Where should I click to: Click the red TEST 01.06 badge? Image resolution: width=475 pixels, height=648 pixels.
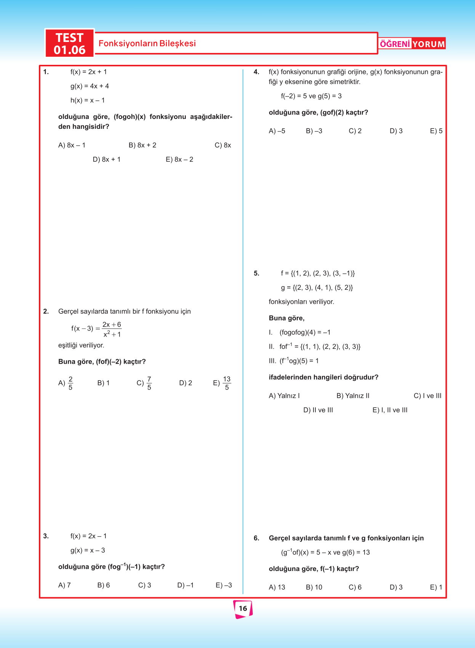click(x=69, y=43)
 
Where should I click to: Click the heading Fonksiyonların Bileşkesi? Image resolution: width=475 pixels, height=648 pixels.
click(x=147, y=43)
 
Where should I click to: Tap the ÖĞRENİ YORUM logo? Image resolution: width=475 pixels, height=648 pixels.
click(x=412, y=44)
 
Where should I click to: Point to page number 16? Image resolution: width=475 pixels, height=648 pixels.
click(x=243, y=608)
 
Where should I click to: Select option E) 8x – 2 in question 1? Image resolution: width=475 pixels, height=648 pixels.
click(x=179, y=159)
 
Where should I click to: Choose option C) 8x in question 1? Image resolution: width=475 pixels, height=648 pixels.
click(x=223, y=145)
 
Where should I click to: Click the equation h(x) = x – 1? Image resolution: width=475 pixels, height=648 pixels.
click(x=88, y=100)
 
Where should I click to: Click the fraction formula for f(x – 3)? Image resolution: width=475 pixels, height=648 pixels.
click(x=96, y=329)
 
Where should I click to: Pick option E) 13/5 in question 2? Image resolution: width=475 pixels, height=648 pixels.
click(x=222, y=383)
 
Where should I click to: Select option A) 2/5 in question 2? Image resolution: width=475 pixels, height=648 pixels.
click(x=66, y=383)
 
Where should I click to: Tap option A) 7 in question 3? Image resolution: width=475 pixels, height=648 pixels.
click(x=64, y=585)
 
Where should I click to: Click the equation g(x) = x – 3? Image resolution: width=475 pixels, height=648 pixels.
click(x=88, y=550)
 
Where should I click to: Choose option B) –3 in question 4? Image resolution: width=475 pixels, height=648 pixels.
click(x=314, y=131)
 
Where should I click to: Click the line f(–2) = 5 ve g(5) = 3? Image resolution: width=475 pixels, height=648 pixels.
click(x=311, y=96)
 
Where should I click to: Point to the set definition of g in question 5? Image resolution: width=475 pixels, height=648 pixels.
click(x=317, y=287)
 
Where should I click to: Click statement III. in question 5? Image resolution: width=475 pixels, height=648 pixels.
click(x=294, y=361)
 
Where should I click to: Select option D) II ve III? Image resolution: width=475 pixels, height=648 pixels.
click(x=318, y=410)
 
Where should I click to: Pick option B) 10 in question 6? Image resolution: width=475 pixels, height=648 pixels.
click(x=314, y=587)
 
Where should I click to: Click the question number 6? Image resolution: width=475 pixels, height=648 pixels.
click(x=256, y=538)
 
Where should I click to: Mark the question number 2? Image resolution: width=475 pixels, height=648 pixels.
click(x=46, y=311)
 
